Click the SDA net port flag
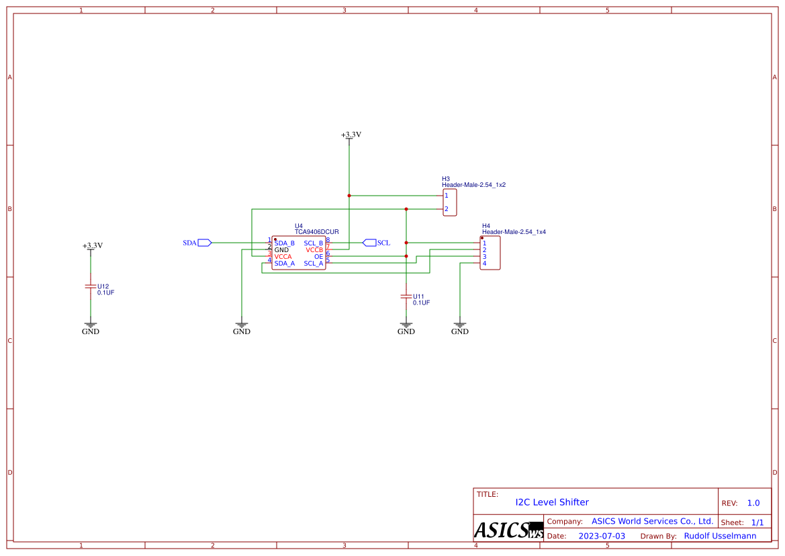pos(205,243)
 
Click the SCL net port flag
pos(369,243)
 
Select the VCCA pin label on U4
pos(283,257)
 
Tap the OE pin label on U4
pos(318,257)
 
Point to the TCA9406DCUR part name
pos(316,231)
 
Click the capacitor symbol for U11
pos(406,296)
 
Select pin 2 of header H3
pos(447,209)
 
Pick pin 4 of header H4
pos(484,264)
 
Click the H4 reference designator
pos(486,226)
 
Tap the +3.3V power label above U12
pos(93,246)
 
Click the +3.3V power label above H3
pos(351,135)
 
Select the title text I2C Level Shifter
pos(552,502)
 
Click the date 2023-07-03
pos(602,536)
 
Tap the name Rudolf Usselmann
pos(720,536)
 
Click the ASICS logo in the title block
pos(508,530)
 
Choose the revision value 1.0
pos(753,503)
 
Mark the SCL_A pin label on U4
pos(314,264)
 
